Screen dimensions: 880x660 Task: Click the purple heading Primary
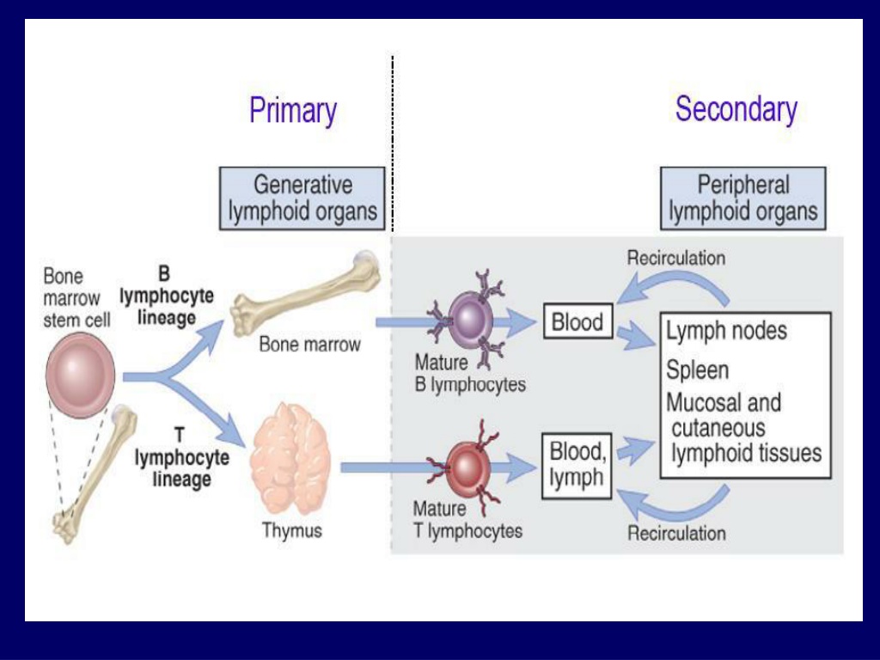(293, 111)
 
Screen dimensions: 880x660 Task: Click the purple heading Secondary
(736, 109)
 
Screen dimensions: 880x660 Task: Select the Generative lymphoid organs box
(302, 199)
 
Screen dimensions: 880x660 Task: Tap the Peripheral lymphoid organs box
(743, 199)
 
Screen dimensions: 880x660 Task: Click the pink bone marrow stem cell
(80, 375)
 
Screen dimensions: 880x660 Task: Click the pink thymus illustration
(290, 459)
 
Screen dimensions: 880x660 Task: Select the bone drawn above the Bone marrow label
(307, 294)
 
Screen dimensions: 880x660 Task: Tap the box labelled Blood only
(578, 321)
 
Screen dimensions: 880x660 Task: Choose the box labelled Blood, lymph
(577, 465)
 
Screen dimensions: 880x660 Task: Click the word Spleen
(698, 370)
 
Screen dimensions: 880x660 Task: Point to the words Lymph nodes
(727, 331)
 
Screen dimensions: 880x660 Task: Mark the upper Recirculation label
(676, 258)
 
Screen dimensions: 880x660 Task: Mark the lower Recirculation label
(676, 533)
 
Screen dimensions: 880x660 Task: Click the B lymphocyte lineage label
(167, 296)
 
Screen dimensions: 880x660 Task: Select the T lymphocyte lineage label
(181, 457)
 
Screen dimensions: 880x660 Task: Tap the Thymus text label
(292, 530)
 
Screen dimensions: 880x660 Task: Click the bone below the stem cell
(95, 474)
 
